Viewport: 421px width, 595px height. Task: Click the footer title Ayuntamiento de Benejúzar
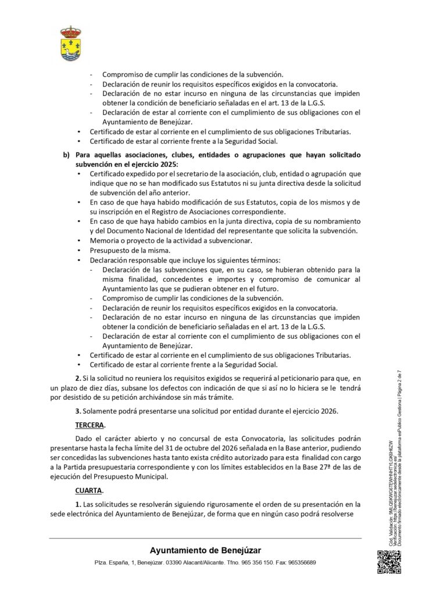[x=205, y=550]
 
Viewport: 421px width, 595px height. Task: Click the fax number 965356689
[x=301, y=563]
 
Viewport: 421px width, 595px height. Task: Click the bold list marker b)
[x=66, y=156]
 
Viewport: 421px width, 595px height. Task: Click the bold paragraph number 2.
[x=78, y=379]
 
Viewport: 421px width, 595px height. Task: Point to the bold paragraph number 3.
[x=78, y=411]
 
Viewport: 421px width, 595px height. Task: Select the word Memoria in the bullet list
[x=105, y=240]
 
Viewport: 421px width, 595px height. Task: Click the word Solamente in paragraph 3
[x=100, y=411]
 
